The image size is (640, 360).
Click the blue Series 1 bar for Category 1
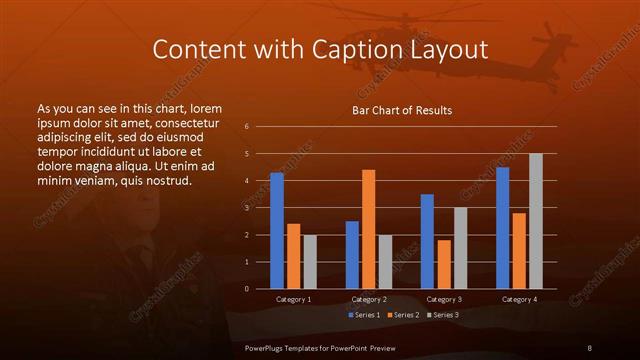pos(277,230)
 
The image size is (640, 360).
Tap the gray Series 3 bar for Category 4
pos(536,221)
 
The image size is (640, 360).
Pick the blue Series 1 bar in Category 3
pos(427,241)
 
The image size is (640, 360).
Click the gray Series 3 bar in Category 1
pos(310,261)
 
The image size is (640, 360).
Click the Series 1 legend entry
pos(365,315)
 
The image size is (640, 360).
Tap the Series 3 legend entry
pos(444,315)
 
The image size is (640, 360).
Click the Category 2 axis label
pos(369,299)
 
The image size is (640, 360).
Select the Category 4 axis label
pos(519,299)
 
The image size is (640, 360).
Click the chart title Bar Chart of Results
pos(402,110)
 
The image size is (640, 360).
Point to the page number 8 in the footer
pos(589,347)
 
